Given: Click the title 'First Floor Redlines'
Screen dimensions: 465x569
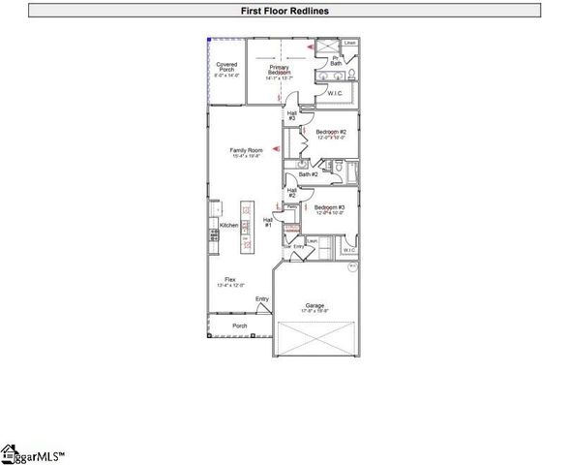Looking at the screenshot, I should click(284, 11).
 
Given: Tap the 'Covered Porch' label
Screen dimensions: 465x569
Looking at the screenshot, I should click(225, 69).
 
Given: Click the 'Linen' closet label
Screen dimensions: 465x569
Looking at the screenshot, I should click(349, 44).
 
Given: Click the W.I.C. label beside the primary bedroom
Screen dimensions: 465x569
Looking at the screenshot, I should click(335, 93).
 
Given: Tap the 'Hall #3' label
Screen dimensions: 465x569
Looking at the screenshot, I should click(291, 115).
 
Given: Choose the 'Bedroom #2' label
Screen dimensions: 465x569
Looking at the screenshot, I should click(331, 134).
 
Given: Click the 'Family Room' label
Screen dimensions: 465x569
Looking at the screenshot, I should click(246, 152).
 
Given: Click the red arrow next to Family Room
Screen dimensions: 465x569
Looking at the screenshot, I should click(276, 148).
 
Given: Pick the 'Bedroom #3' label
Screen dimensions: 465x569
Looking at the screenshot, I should click(330, 208).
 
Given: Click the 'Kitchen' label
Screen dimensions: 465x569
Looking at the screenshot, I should click(228, 225).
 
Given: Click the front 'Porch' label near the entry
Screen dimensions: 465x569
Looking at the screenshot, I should click(240, 325).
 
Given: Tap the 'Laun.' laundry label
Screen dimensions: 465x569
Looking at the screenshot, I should click(313, 241).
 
